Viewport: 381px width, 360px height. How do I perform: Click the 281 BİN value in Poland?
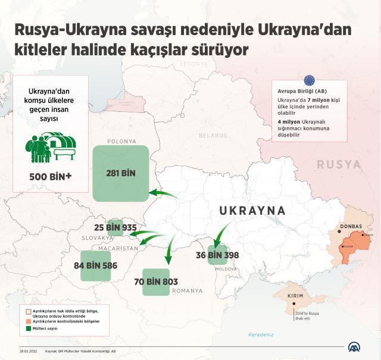tap(121, 173)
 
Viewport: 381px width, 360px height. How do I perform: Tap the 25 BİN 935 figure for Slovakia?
tap(115, 227)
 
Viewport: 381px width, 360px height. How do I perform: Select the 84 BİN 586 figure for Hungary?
tap(95, 265)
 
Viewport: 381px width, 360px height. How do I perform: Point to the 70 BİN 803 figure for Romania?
tap(156, 281)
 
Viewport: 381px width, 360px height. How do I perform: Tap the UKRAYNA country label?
tap(252, 211)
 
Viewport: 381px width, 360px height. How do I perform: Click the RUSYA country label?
tap(338, 164)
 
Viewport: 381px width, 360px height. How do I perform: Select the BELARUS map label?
tap(213, 136)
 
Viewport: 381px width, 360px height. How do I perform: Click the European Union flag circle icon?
tap(309, 80)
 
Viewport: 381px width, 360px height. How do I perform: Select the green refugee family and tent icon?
tap(51, 147)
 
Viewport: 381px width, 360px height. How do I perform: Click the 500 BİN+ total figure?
tap(51, 176)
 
